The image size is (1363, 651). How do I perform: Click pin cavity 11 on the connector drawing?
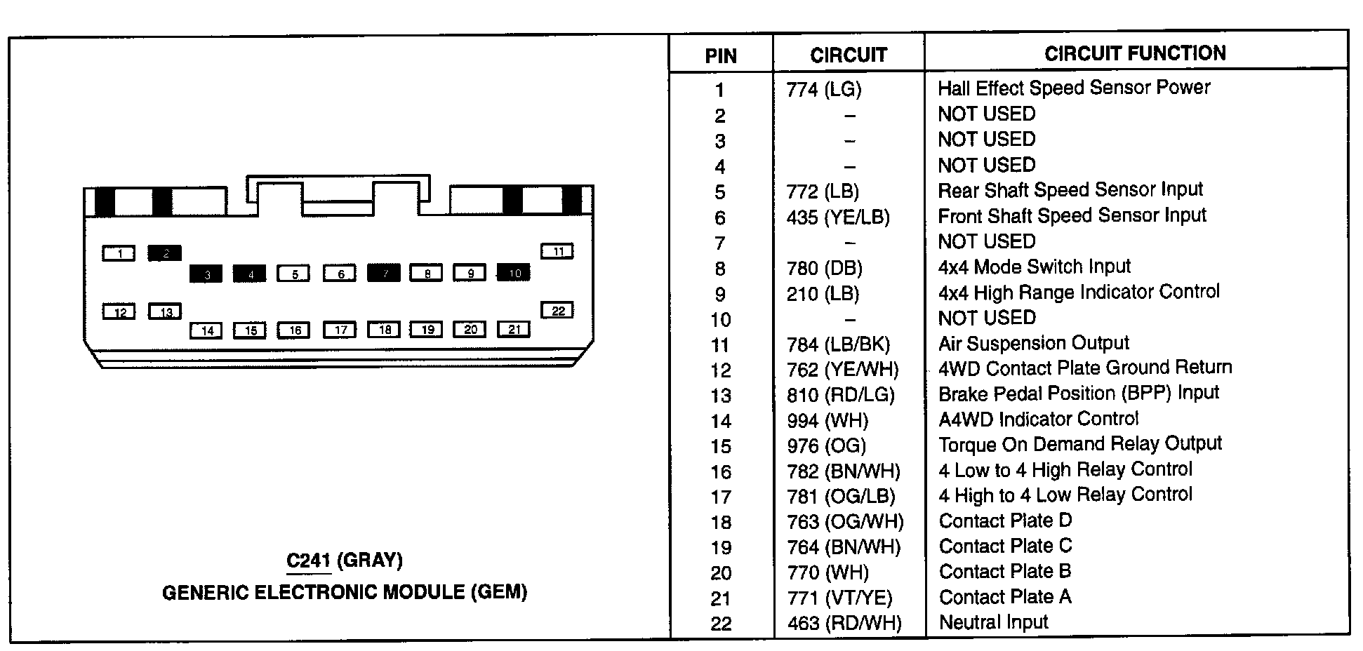[557, 251]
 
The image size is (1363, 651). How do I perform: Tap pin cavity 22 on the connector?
[557, 310]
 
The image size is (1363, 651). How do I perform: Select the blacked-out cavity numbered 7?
[384, 273]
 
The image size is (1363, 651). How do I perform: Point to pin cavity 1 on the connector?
[119, 253]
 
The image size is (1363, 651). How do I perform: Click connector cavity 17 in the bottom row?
[340, 330]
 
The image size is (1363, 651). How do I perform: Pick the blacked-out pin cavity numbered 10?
[514, 273]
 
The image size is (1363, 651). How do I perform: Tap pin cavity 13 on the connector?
[165, 311]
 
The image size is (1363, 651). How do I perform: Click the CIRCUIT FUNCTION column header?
[1135, 53]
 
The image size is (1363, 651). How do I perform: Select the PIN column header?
[721, 56]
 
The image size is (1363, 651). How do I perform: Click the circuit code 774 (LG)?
[824, 89]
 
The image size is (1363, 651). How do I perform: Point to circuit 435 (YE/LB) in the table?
[838, 217]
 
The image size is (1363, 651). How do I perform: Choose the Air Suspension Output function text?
[1034, 343]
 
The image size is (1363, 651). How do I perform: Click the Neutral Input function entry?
[993, 622]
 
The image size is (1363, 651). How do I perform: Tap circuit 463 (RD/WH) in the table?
[844, 623]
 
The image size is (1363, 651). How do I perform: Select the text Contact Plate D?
[1005, 521]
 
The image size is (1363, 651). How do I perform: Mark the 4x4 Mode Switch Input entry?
[1035, 267]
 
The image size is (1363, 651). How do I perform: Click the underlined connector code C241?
[308, 561]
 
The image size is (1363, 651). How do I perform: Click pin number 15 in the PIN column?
[721, 446]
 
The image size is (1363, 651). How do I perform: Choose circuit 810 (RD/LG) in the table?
[841, 395]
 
